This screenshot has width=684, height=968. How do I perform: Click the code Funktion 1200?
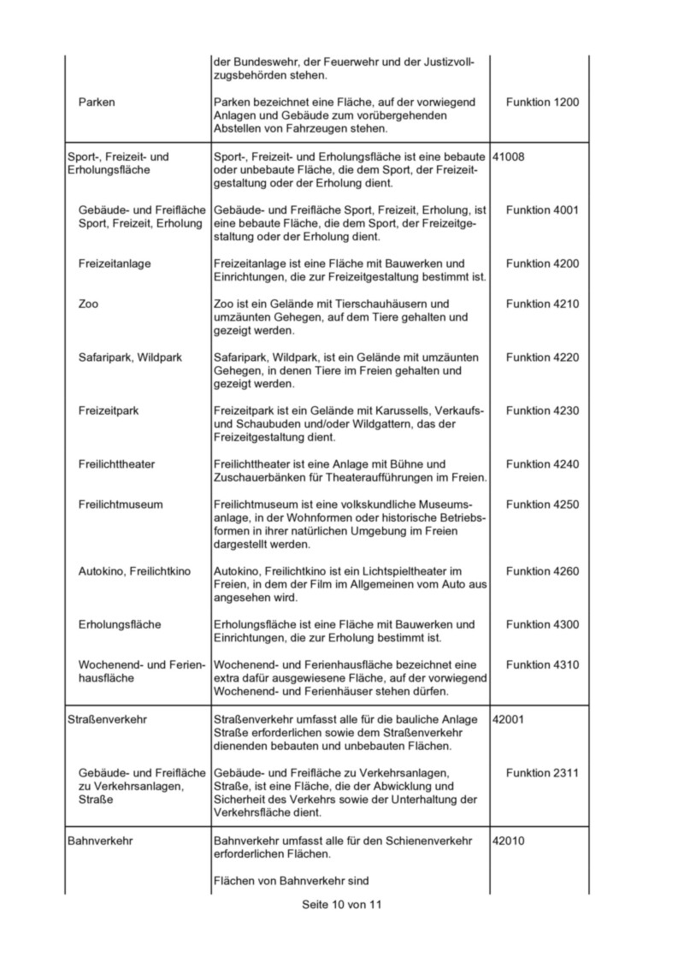click(542, 103)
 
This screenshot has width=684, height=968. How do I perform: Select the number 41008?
click(510, 156)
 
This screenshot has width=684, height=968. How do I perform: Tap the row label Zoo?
click(88, 304)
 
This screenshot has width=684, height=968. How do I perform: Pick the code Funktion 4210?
click(542, 304)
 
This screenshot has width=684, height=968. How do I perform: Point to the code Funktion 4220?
click(542, 357)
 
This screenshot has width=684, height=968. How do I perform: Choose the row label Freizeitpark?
click(109, 410)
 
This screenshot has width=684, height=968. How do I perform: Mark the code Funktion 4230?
click(542, 410)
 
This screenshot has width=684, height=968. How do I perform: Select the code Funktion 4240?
click(542, 464)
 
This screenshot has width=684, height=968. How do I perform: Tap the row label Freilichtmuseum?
click(120, 505)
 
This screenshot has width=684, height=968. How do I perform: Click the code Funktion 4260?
click(542, 570)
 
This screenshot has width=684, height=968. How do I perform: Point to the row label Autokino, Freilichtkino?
click(134, 570)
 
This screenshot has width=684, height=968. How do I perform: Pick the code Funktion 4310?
click(542, 664)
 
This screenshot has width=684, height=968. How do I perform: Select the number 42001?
click(510, 719)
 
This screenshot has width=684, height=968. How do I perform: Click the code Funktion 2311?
click(542, 773)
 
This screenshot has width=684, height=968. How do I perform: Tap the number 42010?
click(510, 841)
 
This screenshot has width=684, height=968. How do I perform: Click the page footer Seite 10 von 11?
click(341, 905)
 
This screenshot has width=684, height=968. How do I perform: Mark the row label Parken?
click(97, 103)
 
